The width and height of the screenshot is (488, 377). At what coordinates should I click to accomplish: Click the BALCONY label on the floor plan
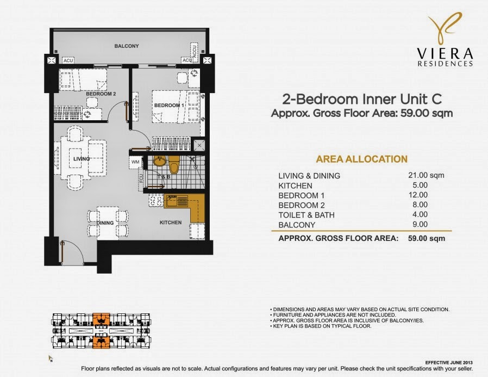(127, 46)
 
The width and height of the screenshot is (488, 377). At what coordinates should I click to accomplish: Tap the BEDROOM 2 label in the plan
(101, 94)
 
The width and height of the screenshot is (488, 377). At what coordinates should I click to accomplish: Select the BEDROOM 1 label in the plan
(169, 106)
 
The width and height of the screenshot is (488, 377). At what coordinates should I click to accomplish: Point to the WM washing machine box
(135, 162)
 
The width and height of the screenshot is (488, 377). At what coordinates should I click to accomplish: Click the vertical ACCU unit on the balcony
(195, 51)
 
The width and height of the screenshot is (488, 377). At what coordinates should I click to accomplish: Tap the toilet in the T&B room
(174, 165)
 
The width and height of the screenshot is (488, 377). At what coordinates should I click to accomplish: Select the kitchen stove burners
(156, 200)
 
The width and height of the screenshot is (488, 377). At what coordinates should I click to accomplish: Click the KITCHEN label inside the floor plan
(171, 223)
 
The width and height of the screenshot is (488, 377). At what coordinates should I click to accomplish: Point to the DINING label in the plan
(105, 223)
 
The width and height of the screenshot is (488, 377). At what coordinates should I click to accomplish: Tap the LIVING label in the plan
(82, 159)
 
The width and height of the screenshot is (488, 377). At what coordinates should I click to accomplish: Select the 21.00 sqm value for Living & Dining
(426, 175)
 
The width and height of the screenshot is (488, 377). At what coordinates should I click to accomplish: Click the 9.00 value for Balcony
(420, 224)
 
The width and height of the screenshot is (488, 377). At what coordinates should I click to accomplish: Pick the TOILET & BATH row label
(306, 215)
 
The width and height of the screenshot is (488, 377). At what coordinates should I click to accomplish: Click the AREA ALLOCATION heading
(361, 159)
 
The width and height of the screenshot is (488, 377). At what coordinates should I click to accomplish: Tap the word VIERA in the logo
(445, 54)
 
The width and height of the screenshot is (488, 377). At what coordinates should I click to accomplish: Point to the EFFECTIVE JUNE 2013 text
(449, 363)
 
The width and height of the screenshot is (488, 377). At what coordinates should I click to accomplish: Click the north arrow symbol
(50, 359)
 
